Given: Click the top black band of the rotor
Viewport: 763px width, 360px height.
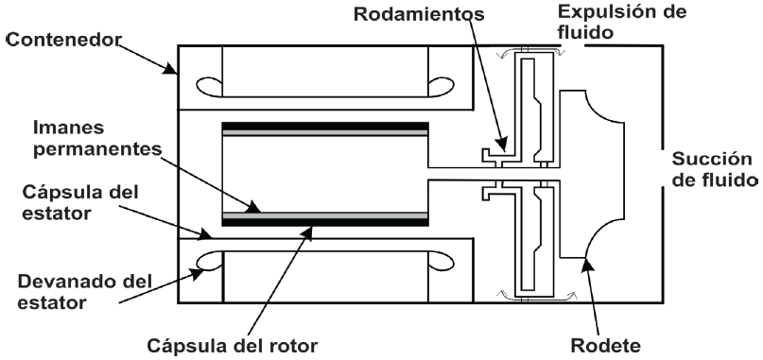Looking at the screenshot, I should [x=324, y=125].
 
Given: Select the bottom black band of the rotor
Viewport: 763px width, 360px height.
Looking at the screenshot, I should [x=324, y=222].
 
